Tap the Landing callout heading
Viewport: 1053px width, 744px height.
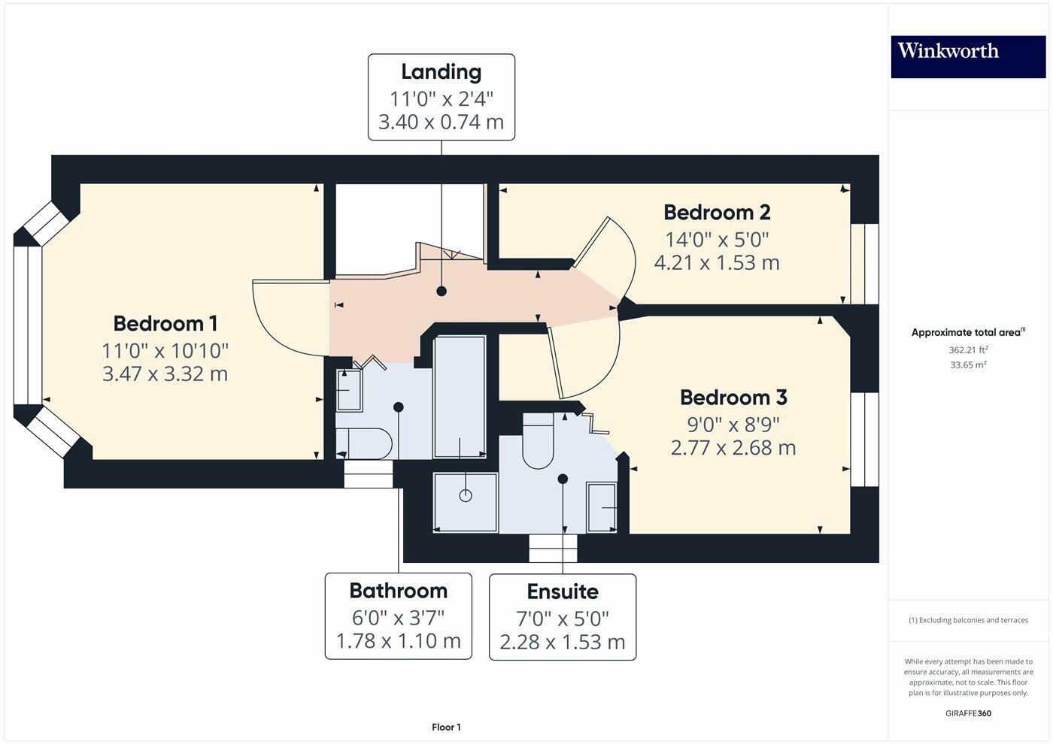[441, 72]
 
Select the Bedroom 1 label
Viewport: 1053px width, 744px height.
[165, 324]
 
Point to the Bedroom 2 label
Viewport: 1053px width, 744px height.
[717, 213]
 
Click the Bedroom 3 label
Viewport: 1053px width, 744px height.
[733, 398]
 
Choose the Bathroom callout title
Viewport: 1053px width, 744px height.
[398, 591]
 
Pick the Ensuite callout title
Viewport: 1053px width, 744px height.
[563, 592]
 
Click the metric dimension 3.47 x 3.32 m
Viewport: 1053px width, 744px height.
[165, 374]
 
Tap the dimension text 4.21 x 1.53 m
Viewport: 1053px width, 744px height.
[717, 263]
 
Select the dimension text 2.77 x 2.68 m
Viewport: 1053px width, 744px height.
[733, 448]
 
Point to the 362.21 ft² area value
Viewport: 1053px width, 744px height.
[968, 349]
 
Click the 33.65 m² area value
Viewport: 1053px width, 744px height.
[968, 364]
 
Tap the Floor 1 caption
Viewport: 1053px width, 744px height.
[446, 727]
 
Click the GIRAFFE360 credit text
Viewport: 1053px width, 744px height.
[968, 713]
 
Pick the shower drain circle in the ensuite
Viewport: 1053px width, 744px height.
[466, 496]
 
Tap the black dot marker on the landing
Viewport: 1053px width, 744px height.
[442, 291]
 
